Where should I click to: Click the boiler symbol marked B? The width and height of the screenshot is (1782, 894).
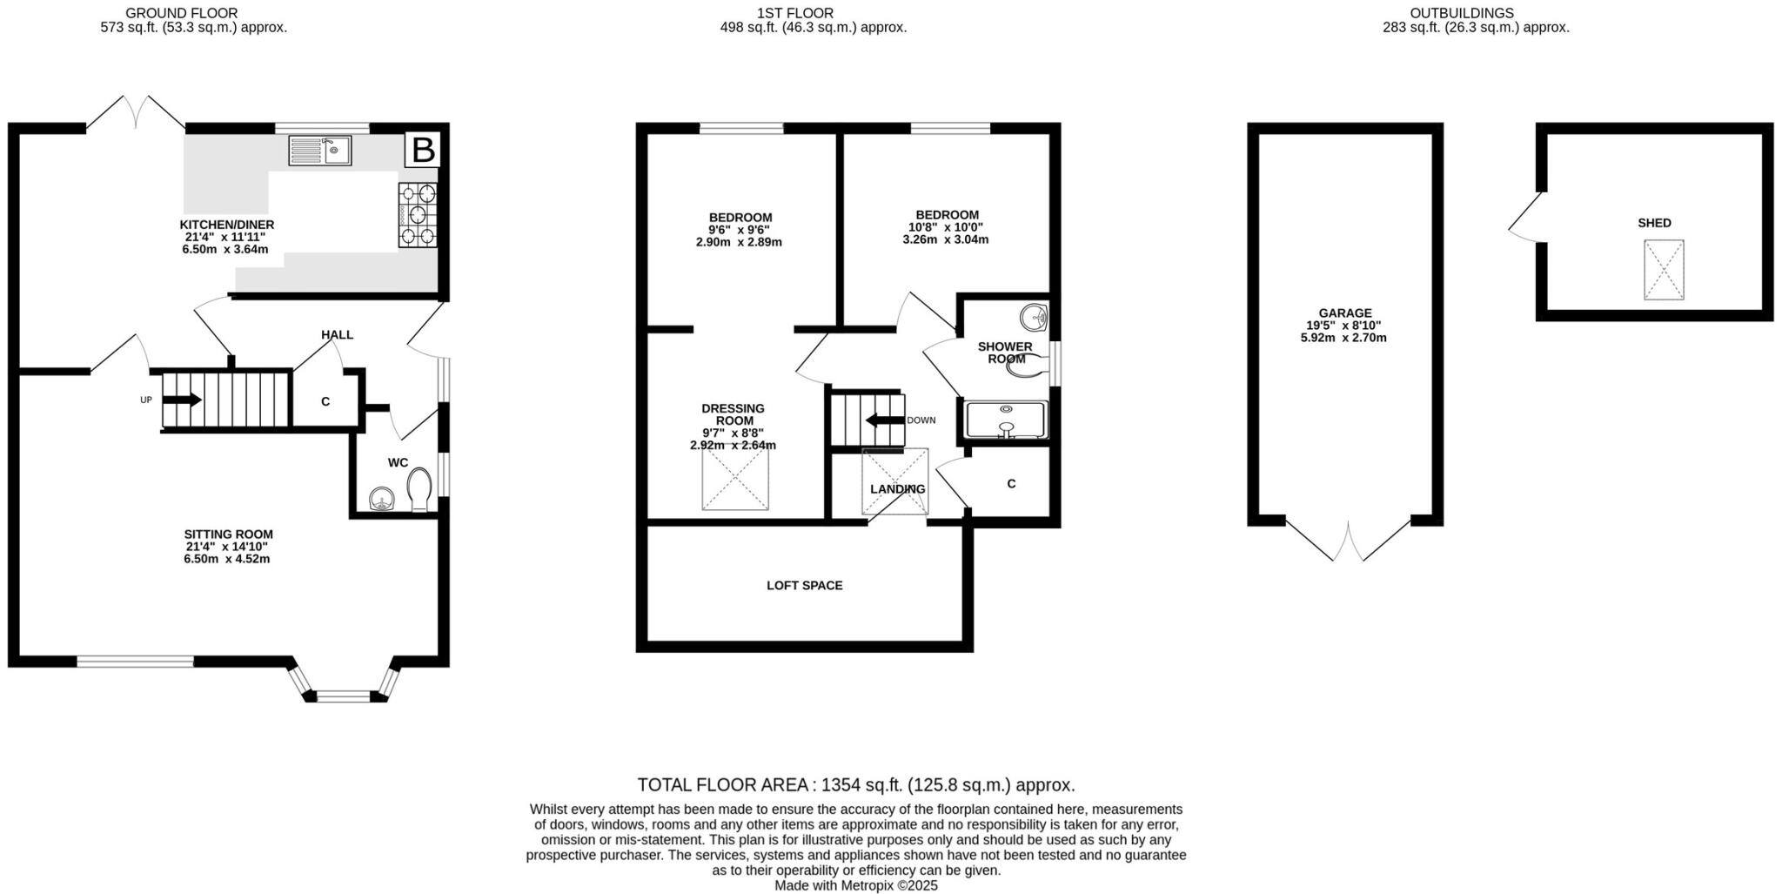click(x=423, y=150)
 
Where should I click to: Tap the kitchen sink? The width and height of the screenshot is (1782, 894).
click(x=319, y=151)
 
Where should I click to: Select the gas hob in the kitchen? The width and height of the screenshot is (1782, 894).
click(x=418, y=215)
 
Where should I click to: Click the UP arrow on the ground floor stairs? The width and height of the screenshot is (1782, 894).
click(x=182, y=400)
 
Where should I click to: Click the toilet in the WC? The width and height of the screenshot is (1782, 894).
click(x=420, y=491)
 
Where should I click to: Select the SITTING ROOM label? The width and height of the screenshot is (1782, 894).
click(x=228, y=534)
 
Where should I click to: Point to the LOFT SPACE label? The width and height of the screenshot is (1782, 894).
click(x=804, y=586)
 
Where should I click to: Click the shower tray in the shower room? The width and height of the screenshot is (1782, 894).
click(x=1006, y=420)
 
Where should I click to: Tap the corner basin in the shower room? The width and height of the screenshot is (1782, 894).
click(x=1034, y=317)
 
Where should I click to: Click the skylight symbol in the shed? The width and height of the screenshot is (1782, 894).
click(x=1663, y=270)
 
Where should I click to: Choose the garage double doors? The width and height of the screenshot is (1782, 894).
click(x=1348, y=541)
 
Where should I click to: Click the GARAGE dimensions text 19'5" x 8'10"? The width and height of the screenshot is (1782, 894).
click(x=1344, y=326)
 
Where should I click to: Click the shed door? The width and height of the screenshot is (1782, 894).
click(x=1524, y=218)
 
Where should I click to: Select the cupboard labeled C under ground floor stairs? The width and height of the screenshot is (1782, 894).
click(x=325, y=401)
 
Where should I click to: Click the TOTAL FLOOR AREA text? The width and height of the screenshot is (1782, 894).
click(x=855, y=785)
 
